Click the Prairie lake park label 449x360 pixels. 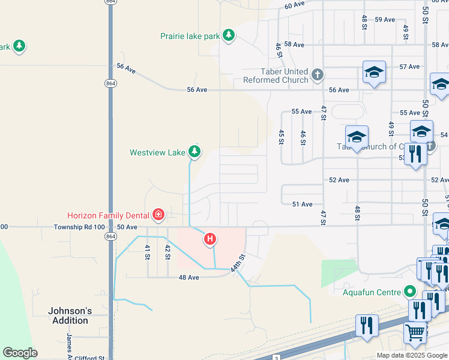click(x=190, y=36)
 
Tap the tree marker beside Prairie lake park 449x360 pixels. click(x=228, y=35)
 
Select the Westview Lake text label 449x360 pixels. click(x=157, y=152)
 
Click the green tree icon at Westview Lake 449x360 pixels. click(x=194, y=151)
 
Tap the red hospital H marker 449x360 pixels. click(x=210, y=239)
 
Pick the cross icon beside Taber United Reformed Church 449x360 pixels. click(x=318, y=75)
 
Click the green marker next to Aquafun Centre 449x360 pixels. click(x=410, y=292)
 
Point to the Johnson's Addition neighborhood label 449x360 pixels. click(x=70, y=316)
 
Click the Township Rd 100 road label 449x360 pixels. click(x=79, y=227)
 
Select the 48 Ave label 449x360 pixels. click(x=188, y=277)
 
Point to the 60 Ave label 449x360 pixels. click(x=295, y=5)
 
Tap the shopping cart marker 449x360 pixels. click(x=414, y=333)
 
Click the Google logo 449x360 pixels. click(x=20, y=353)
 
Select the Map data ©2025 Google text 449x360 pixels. click(x=412, y=355)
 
